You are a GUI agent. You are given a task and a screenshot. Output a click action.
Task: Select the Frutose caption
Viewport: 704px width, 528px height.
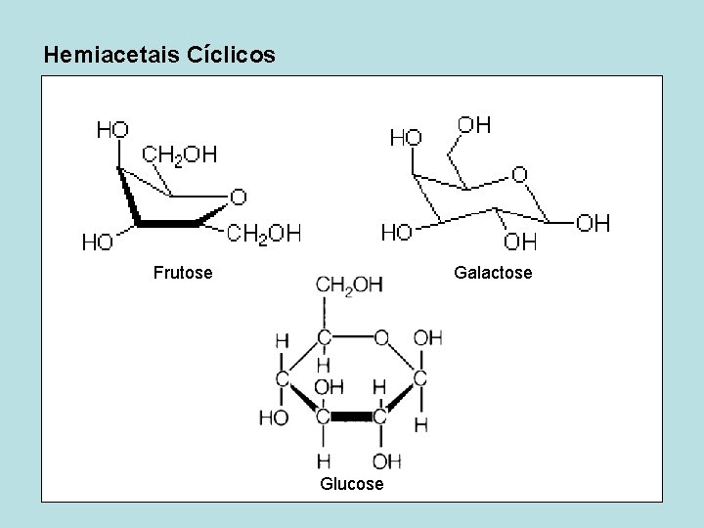183,272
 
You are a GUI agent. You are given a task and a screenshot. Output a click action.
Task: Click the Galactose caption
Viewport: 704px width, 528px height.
493,272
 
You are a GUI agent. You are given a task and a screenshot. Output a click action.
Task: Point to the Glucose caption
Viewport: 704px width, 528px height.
351,484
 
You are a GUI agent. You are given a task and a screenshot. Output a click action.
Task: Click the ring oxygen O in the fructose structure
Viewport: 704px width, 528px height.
238,198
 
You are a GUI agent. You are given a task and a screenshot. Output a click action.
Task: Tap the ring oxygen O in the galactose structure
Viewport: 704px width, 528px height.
519,174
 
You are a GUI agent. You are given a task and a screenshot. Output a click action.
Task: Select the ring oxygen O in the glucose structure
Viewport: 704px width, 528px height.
381,337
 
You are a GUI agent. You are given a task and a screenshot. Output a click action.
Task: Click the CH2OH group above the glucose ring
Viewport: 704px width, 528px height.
349,285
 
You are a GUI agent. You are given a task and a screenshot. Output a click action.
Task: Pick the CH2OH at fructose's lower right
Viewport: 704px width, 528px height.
264,233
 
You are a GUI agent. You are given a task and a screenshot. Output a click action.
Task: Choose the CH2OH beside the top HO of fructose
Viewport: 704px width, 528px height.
180,154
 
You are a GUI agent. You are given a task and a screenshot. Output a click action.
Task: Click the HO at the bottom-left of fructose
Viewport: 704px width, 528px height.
96,242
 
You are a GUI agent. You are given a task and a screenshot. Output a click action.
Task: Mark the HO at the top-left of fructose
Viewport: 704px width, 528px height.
113,128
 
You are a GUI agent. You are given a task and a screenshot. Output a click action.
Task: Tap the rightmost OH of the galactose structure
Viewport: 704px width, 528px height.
593,223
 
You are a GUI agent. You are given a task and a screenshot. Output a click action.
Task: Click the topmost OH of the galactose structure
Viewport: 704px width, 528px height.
475,124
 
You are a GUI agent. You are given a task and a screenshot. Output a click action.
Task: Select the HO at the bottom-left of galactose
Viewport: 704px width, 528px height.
396,232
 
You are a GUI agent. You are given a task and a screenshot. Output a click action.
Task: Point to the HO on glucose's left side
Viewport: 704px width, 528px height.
274,418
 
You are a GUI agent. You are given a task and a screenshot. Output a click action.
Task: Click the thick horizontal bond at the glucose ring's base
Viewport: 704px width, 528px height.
351,418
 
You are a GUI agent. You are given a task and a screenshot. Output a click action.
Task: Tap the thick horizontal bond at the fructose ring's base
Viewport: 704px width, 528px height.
167,224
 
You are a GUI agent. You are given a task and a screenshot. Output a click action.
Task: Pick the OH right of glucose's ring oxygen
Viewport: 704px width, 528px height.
427,338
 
